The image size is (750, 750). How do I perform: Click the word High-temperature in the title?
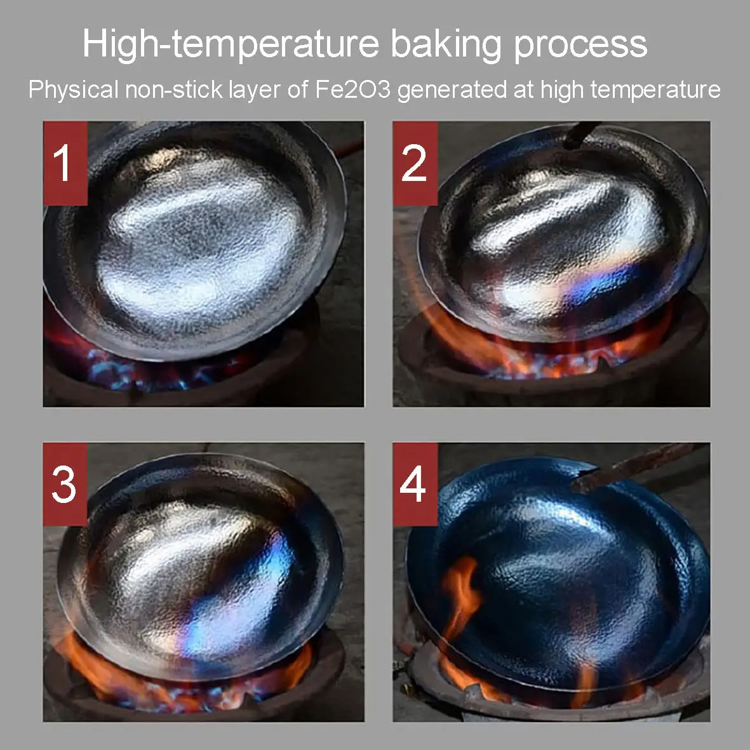231,44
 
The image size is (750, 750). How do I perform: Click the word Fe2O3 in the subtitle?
353,90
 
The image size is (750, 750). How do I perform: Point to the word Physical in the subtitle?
73,90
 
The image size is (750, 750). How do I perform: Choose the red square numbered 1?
65,163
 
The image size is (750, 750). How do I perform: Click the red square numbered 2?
415,163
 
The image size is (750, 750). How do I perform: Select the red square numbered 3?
65,485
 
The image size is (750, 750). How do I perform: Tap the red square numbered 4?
415,485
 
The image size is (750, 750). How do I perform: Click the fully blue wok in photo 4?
557,574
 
